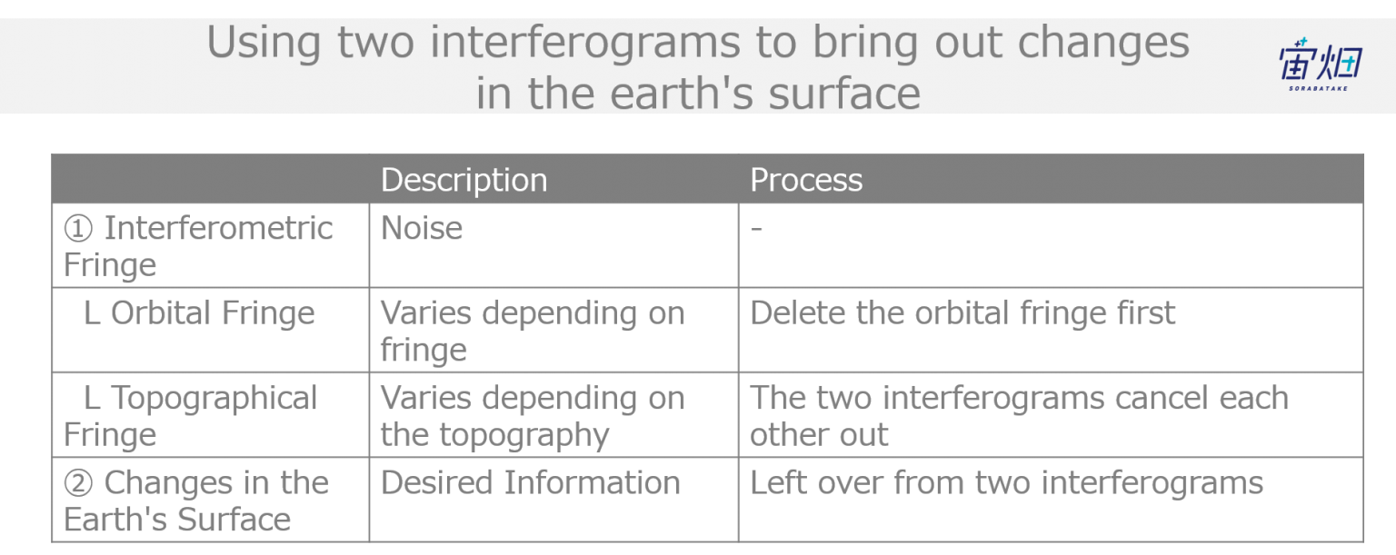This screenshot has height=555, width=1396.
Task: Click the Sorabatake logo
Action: point(1320,64)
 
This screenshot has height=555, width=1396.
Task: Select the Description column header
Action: point(464,180)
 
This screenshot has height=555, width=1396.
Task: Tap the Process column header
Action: point(806,180)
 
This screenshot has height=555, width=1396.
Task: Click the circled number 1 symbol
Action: point(78,229)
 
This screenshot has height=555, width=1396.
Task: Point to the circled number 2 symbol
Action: point(78,483)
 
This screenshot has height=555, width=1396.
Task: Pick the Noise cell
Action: point(422,228)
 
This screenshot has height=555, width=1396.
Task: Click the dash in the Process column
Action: point(756,229)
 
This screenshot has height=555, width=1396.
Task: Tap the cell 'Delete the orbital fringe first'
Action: point(962,312)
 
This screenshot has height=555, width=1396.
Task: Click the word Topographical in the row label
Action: point(214,399)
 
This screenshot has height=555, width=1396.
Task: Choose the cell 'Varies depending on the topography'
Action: point(533,416)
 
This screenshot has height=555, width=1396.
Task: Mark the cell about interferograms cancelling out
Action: point(1019,416)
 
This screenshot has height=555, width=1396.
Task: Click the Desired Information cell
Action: point(531,482)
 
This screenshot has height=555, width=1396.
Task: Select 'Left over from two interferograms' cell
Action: point(1006,482)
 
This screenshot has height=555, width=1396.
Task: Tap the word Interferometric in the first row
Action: point(218,228)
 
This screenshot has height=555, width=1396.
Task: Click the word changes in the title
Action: point(1103,43)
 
